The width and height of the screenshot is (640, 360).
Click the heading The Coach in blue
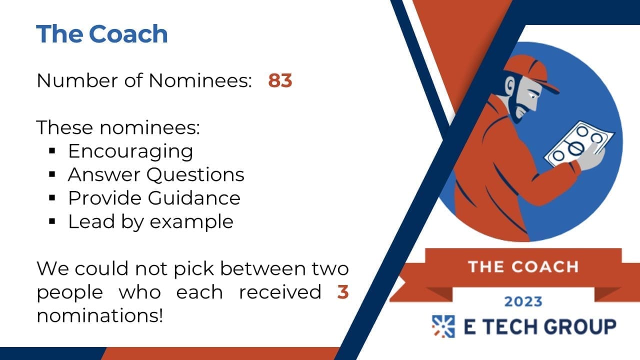pos(101,33)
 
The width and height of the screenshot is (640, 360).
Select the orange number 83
pos(280,80)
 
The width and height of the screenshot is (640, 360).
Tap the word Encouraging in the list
pos(130,151)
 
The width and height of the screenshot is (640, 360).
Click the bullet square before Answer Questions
pos(52,174)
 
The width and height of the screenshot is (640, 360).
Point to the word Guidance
pos(194,197)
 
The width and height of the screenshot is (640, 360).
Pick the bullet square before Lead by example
pos(52,221)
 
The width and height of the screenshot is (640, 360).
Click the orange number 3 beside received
pos(343,292)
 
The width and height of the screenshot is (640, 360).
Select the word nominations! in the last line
pos(100,315)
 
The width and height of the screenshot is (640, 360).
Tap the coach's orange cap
pos(530,71)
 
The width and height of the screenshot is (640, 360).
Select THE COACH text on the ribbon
pos(523,267)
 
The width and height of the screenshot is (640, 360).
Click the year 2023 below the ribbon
pos(523,301)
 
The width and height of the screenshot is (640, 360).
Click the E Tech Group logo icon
pos(443,326)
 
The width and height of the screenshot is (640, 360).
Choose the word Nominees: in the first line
pos(200,80)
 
